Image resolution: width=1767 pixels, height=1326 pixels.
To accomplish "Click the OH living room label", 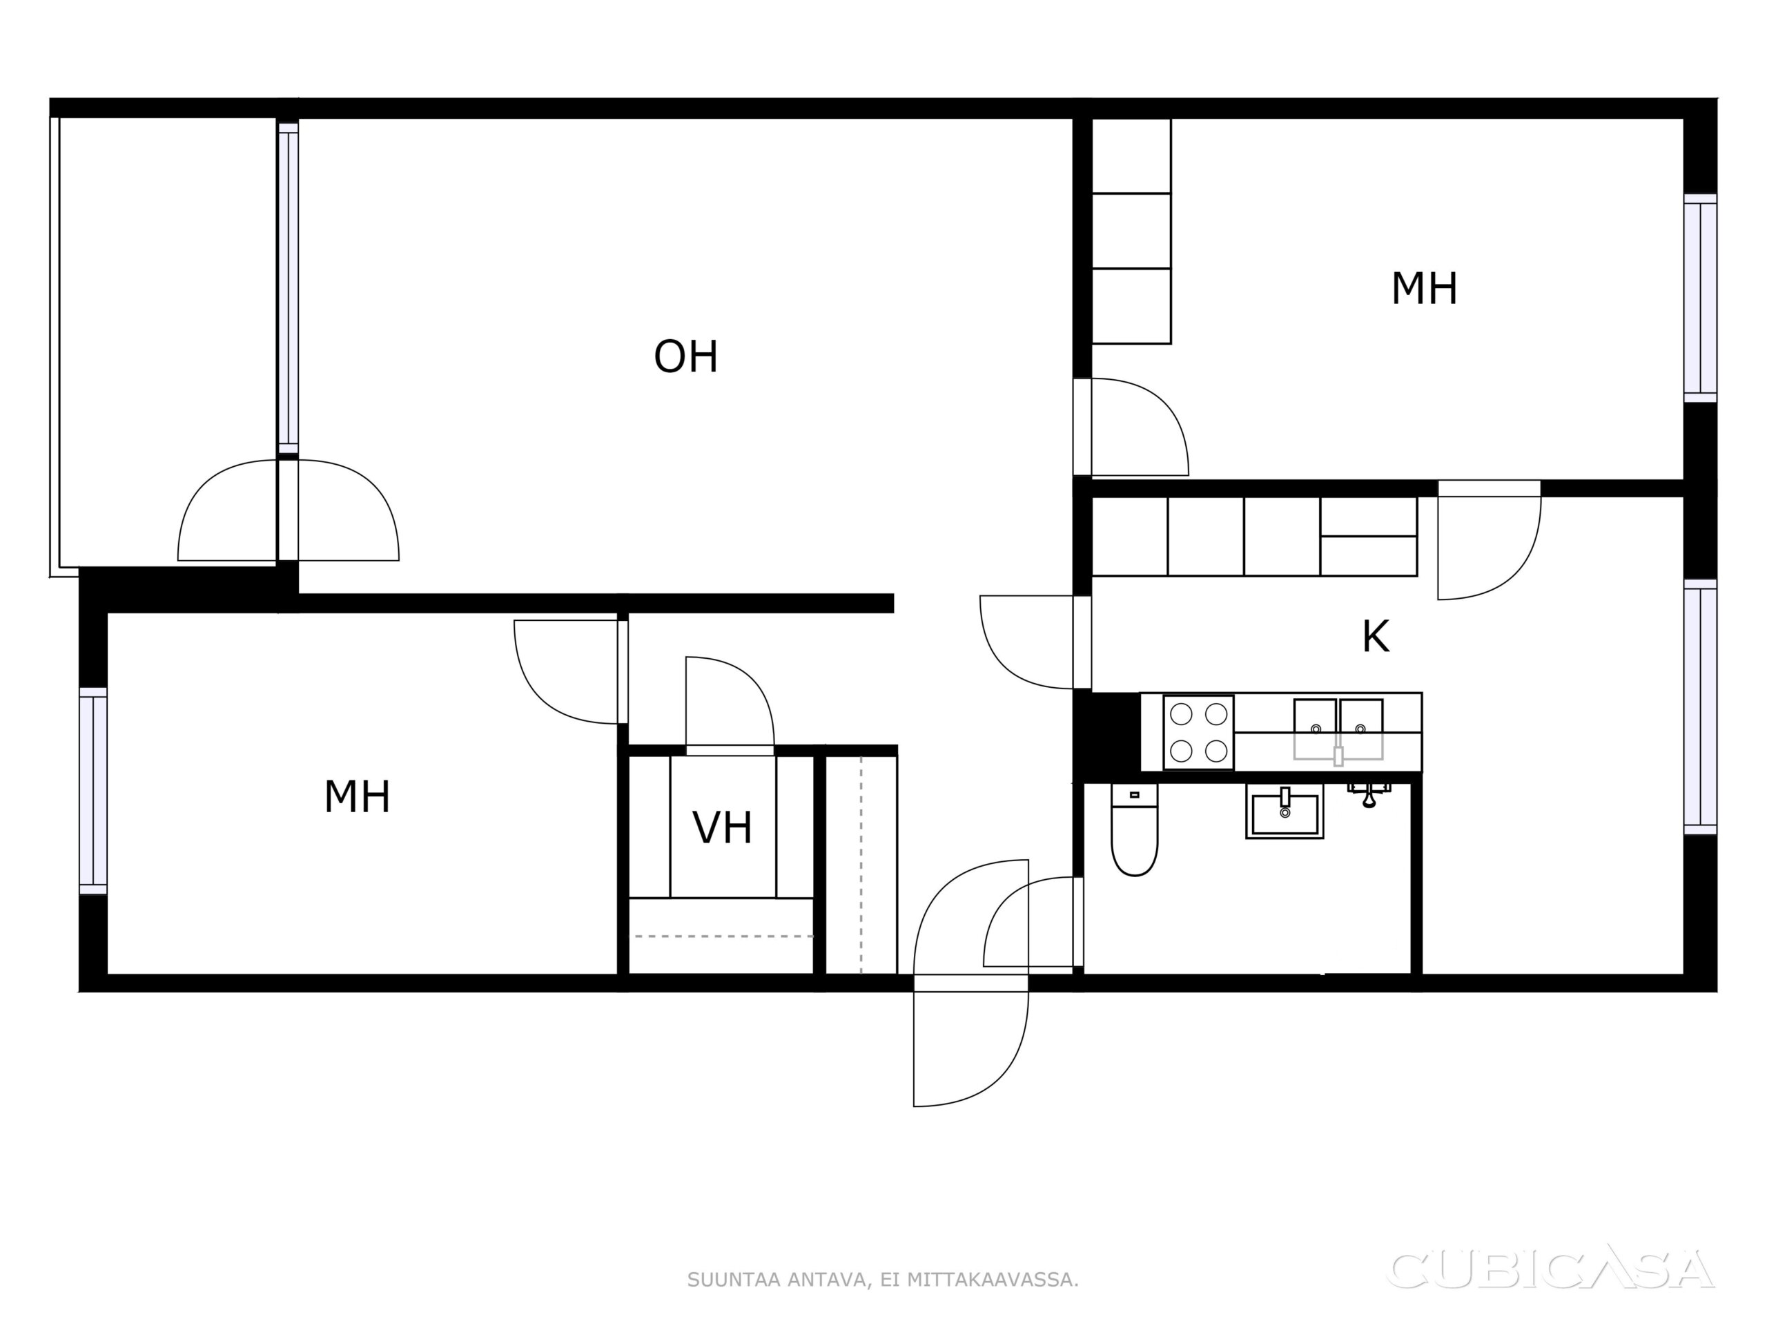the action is (x=685, y=356).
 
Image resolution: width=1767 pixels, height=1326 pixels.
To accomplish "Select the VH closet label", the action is (x=722, y=828).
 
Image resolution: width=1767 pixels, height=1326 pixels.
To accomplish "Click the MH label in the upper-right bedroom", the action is (x=1425, y=289).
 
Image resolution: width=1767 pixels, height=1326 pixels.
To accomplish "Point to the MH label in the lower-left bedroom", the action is (x=357, y=797).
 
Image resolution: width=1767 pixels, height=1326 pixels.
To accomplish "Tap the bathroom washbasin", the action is (x=1285, y=811).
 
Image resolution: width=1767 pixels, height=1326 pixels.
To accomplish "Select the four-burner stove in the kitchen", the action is (x=1198, y=732).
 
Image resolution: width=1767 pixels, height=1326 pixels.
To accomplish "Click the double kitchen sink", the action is (x=1338, y=729).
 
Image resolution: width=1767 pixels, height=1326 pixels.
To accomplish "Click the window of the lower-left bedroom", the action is (x=93, y=791).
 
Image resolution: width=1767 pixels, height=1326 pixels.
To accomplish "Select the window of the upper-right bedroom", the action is (x=1700, y=298).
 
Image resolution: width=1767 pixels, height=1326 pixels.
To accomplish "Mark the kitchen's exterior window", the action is (x=1700, y=707).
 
